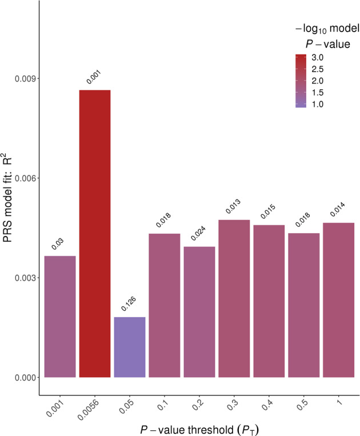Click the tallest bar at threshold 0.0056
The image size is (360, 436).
(95, 234)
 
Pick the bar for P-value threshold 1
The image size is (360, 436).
(338, 300)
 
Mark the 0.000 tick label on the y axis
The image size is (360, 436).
(24, 377)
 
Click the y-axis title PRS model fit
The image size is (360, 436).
(9, 206)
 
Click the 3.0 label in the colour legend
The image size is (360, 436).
(318, 58)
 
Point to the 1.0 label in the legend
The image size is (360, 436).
(318, 104)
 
